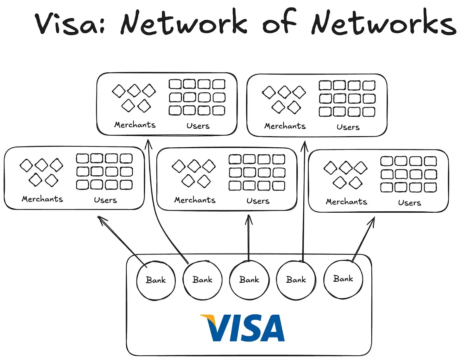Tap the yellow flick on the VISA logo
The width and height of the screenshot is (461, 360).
[207, 318]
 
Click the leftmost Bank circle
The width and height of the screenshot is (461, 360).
[156, 280]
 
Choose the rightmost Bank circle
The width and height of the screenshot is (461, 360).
[343, 279]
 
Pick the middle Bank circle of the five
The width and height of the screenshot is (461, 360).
[249, 280]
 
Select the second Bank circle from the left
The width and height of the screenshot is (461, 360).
[203, 280]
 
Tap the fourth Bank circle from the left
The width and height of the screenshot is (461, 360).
[296, 280]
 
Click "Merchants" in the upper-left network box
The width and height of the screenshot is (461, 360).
[135, 125]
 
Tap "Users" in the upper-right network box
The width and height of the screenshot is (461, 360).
[348, 127]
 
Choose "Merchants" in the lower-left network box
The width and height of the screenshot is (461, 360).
[42, 199]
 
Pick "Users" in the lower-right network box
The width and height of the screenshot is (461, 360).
[409, 203]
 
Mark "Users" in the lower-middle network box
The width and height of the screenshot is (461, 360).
[258, 201]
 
